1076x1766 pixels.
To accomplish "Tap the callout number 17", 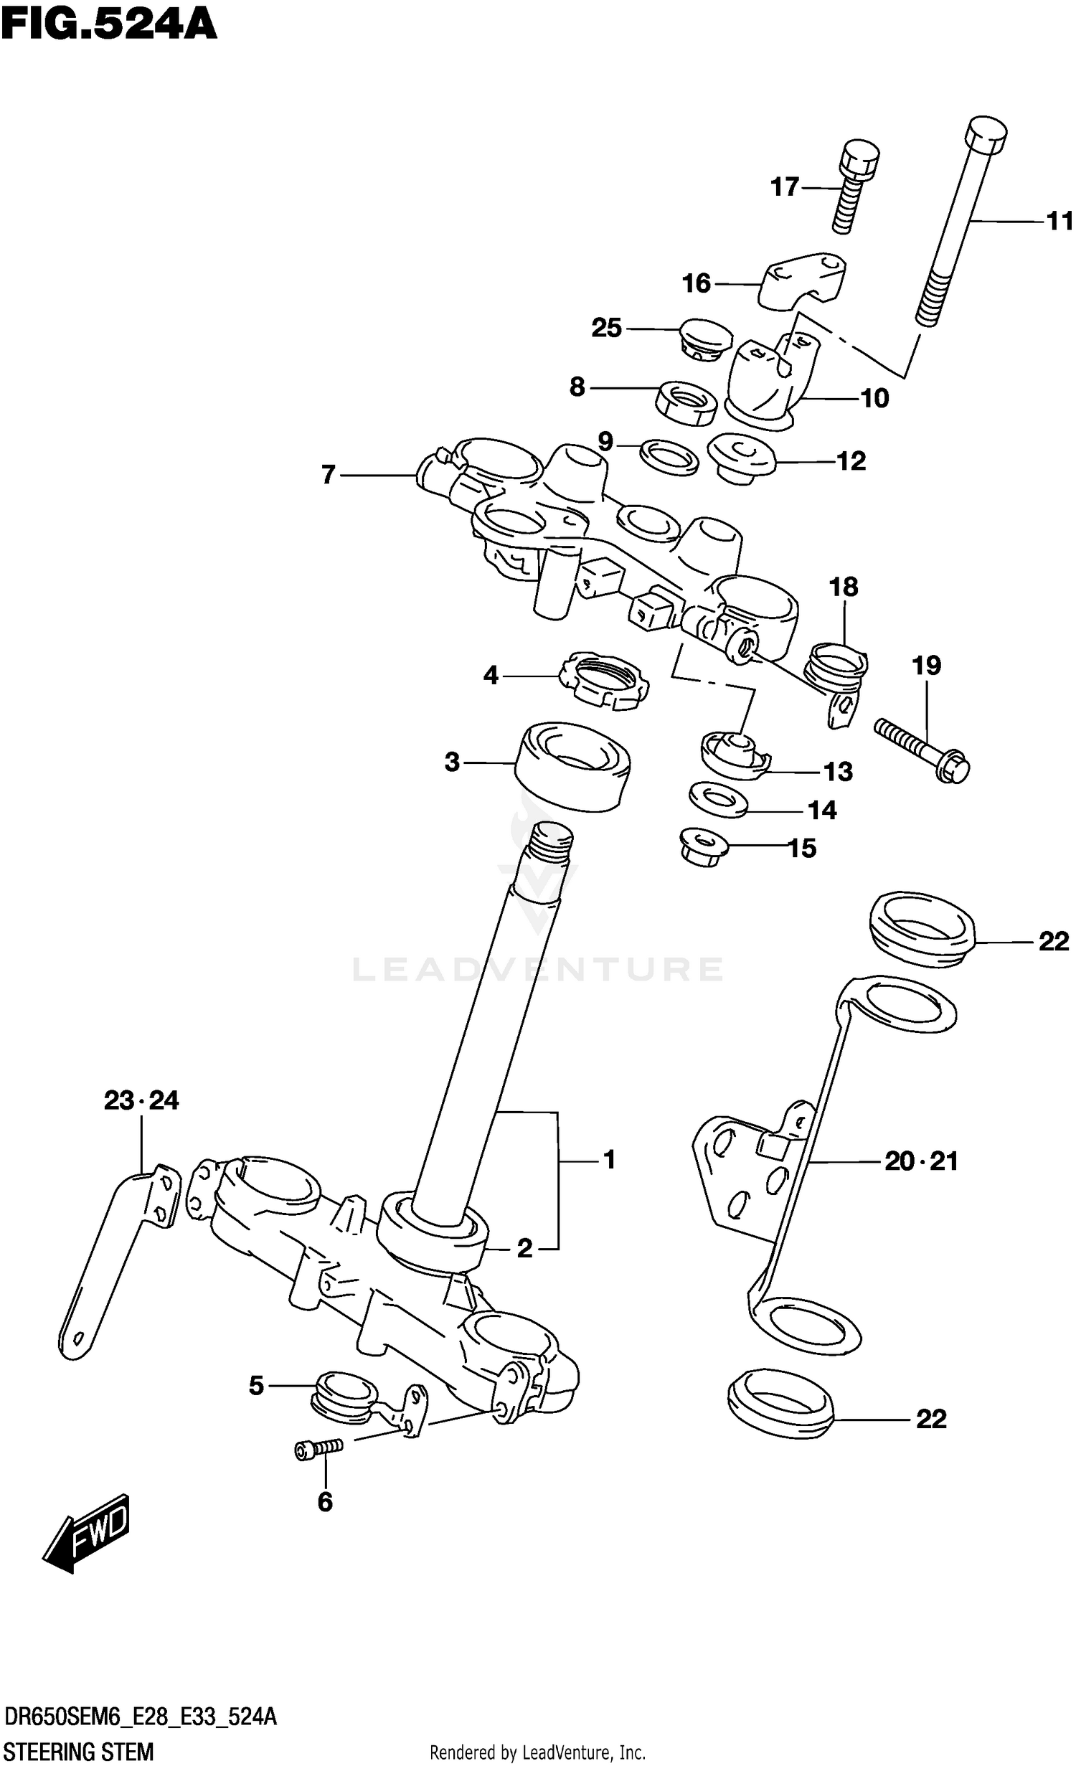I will point(784,187).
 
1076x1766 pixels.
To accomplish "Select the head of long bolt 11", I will point(986,134).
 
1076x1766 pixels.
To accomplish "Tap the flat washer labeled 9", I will point(668,458).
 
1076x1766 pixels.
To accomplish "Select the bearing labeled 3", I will point(572,768).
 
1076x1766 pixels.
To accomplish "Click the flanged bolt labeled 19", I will point(922,750).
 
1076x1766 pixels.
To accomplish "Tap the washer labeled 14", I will point(717,800).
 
